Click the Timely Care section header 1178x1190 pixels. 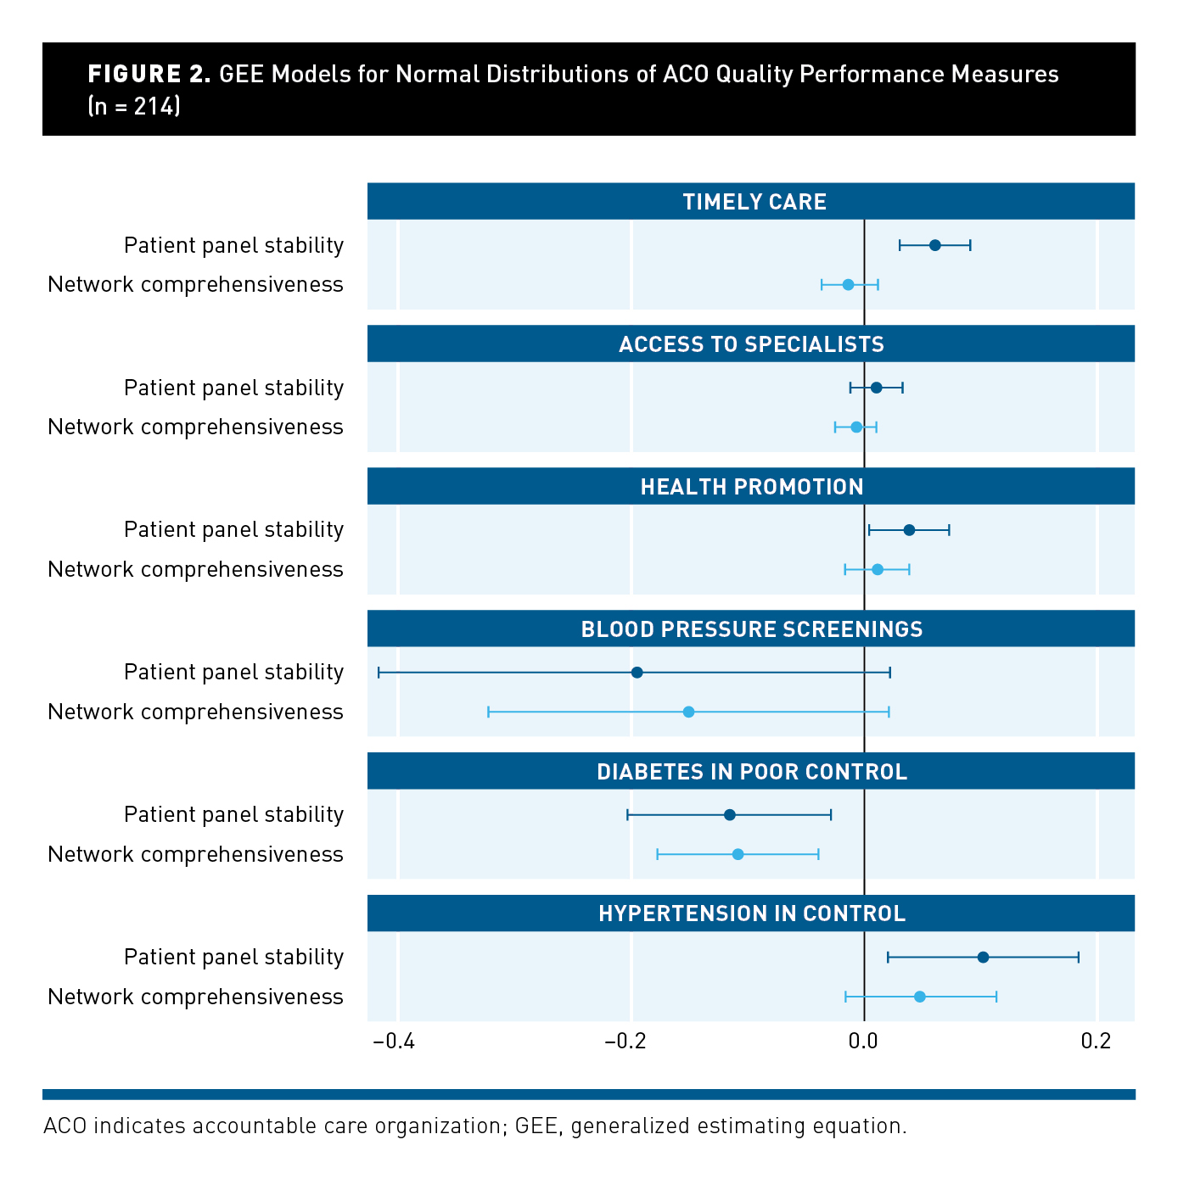click(754, 202)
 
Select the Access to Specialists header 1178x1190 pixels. click(751, 344)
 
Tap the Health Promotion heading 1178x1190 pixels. click(751, 487)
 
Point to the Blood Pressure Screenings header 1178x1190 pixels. click(751, 629)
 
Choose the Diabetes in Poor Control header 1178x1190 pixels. click(751, 772)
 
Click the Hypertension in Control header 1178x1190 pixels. click(751, 913)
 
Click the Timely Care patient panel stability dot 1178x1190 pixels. click(934, 245)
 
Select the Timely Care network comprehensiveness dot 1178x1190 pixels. click(848, 284)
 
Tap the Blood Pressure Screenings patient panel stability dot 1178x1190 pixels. click(637, 673)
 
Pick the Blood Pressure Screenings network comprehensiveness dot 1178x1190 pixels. click(688, 712)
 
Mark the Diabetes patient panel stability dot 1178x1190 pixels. click(729, 815)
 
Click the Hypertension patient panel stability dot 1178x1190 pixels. click(983, 958)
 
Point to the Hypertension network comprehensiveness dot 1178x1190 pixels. click(919, 997)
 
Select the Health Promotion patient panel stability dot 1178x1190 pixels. click(909, 530)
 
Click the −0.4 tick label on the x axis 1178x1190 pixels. click(394, 1042)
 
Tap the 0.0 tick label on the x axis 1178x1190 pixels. click(863, 1042)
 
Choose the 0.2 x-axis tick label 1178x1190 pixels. click(1096, 1042)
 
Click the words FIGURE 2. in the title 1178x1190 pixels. click(149, 75)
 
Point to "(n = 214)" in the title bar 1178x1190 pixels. click(134, 107)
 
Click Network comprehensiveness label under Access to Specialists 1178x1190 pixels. click(195, 427)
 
